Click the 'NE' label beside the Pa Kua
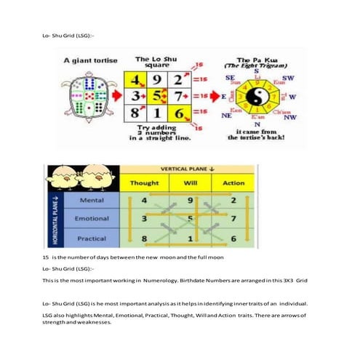(227, 115)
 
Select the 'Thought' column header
(144, 183)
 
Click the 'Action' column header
(233, 183)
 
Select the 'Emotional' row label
(92, 217)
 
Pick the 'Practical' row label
(91, 239)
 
